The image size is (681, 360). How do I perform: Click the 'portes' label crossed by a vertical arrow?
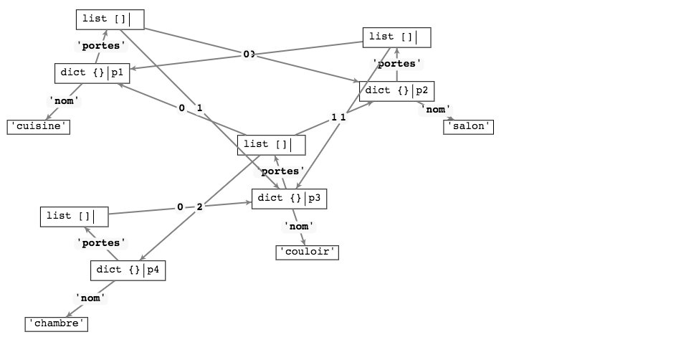click(396, 64)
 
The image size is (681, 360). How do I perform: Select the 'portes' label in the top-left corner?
click(101, 46)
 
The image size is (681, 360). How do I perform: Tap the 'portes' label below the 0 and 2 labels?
click(101, 243)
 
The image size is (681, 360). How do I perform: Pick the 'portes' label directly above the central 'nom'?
click(280, 171)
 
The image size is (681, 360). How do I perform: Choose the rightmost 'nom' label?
click(435, 110)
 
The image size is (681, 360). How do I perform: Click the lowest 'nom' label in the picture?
click(90, 298)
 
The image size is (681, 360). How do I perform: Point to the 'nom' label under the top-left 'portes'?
click(64, 101)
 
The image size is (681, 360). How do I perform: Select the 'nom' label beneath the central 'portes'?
click(298, 227)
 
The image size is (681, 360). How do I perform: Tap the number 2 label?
click(199, 207)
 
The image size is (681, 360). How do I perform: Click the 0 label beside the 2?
click(180, 207)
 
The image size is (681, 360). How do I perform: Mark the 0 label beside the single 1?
click(181, 108)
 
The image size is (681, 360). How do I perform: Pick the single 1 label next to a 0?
click(199, 108)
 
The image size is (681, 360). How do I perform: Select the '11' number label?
click(338, 118)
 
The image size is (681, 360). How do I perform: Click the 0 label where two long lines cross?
click(248, 55)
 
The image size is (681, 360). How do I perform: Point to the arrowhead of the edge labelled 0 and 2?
click(251, 202)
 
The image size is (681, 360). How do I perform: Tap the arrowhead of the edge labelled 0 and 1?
click(118, 84)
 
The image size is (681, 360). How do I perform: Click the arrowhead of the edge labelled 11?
click(373, 103)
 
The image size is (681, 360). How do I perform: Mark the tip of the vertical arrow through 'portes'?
click(396, 48)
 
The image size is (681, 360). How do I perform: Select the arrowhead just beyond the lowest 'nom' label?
click(67, 316)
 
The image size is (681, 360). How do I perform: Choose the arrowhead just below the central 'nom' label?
click(305, 245)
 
